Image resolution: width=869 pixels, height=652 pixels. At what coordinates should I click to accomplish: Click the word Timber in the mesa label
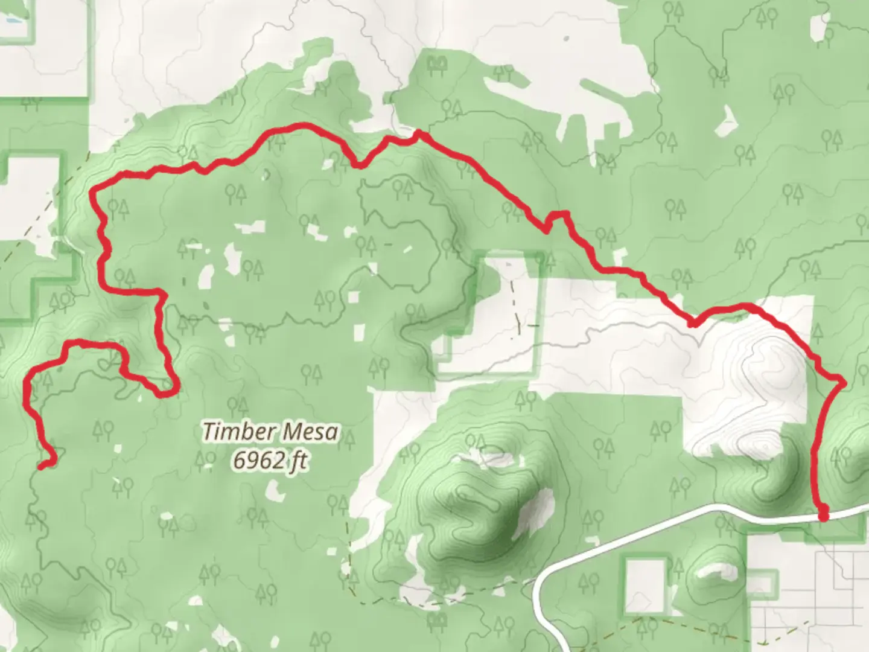232,432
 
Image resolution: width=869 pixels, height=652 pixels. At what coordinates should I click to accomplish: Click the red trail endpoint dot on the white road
823,515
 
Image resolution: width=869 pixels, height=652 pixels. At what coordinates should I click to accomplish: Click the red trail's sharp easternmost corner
842,380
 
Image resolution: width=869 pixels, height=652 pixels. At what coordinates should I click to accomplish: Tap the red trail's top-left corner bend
94,192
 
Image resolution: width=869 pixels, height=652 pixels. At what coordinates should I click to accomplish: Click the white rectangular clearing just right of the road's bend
643,580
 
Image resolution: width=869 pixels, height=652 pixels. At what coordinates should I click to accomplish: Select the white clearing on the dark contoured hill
534,510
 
